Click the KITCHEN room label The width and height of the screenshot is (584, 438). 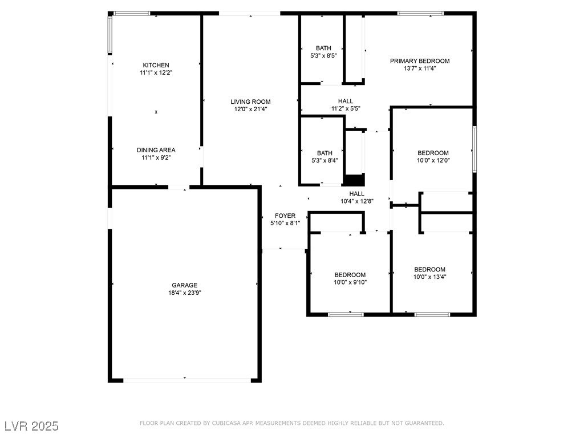[x=156, y=65]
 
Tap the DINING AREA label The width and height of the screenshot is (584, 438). [x=156, y=150]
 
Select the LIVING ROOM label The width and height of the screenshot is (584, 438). [x=250, y=102]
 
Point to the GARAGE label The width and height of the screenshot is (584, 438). [x=185, y=285]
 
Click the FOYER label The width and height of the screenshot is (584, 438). [x=285, y=216]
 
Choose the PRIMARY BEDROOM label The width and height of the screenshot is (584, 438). [x=420, y=61]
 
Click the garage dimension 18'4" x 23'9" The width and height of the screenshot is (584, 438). [x=185, y=293]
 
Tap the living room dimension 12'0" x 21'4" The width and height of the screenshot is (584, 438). [x=251, y=109]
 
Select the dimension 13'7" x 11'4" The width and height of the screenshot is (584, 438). [x=420, y=68]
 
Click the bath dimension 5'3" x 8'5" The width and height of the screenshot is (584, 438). [x=324, y=55]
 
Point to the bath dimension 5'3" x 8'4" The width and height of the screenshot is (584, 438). [x=325, y=160]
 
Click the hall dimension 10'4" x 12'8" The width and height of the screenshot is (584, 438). [x=357, y=201]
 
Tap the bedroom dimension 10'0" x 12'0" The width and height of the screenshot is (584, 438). [x=433, y=160]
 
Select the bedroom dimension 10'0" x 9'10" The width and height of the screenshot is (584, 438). [x=350, y=282]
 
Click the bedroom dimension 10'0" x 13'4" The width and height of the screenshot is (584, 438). [x=430, y=277]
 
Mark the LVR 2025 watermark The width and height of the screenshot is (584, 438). [x=31, y=426]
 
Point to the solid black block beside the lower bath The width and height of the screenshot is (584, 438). [x=354, y=180]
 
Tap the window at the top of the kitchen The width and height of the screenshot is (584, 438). [x=132, y=14]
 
